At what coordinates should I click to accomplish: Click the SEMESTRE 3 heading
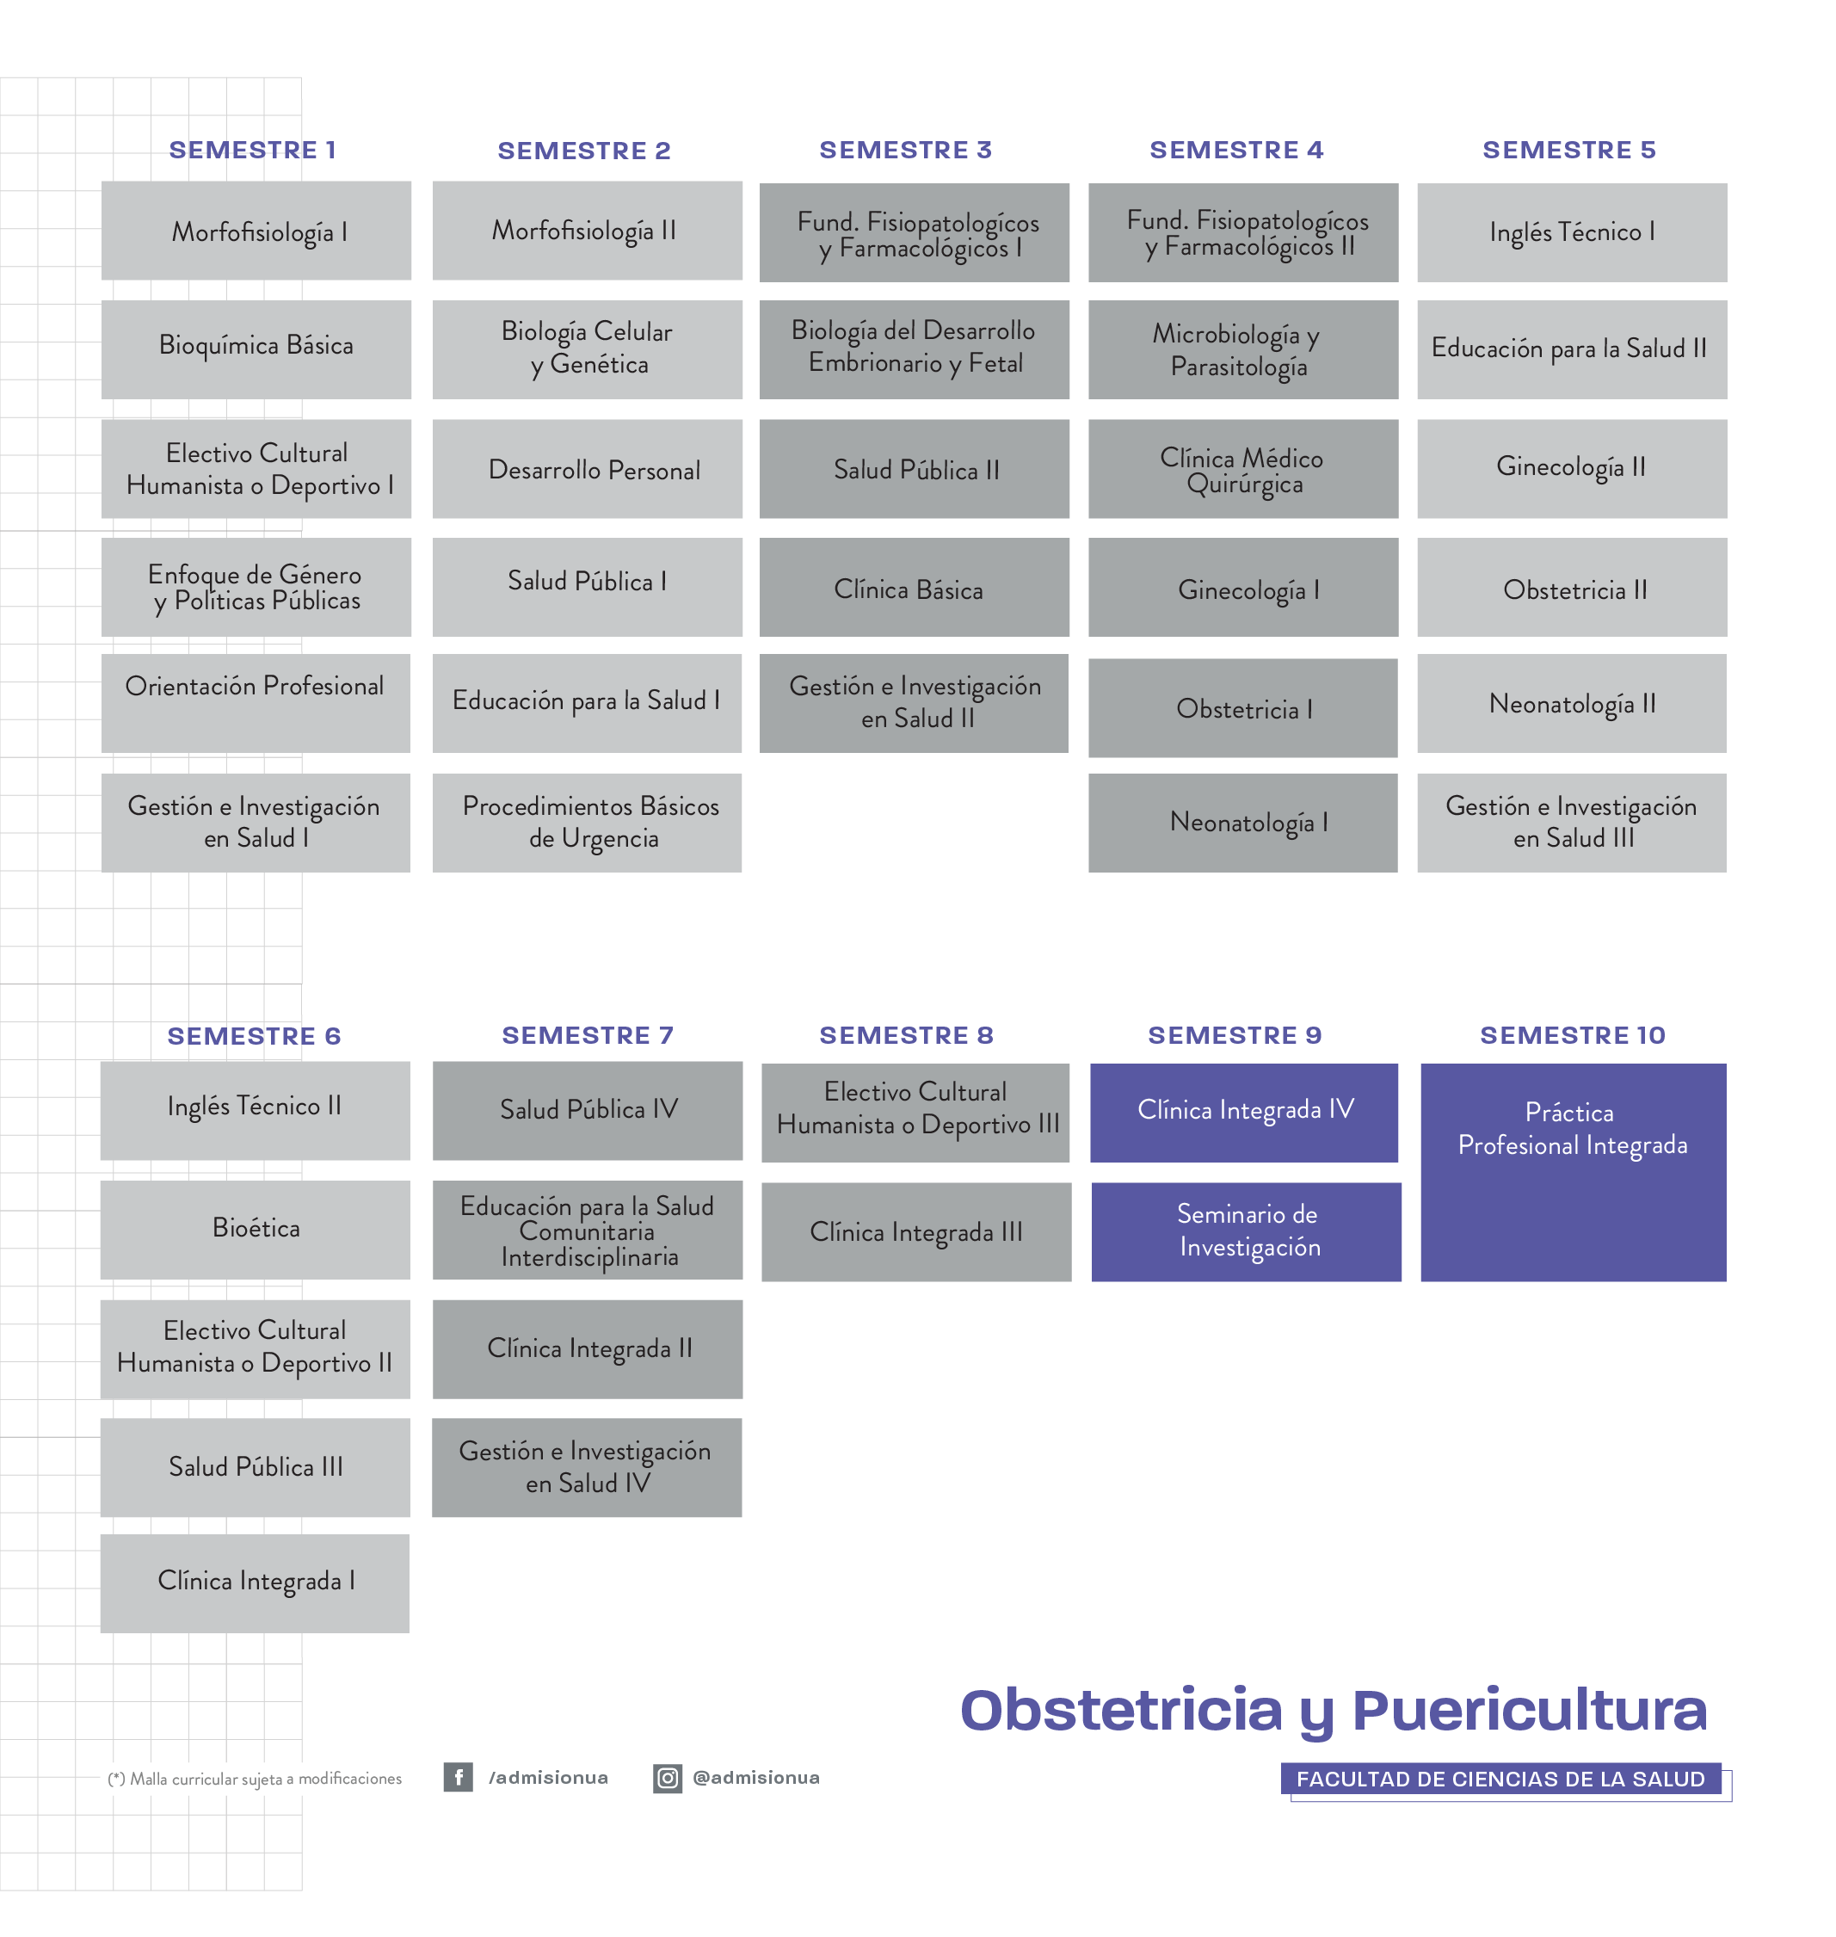(x=905, y=150)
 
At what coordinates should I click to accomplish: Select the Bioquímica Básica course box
(x=256, y=349)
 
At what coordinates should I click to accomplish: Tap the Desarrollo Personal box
(x=588, y=469)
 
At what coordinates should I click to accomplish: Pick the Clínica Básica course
(x=914, y=587)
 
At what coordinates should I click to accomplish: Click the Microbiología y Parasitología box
(x=1243, y=349)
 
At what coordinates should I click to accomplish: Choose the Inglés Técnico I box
(x=1572, y=233)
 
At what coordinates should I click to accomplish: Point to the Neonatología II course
(x=1572, y=704)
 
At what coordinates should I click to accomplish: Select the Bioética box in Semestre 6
(x=256, y=1230)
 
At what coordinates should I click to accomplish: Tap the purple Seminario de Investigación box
(x=1246, y=1232)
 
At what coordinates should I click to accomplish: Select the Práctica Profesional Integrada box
(x=1574, y=1173)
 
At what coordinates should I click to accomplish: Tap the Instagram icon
(x=668, y=1779)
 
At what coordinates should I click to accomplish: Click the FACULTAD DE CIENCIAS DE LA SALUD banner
(x=1501, y=1780)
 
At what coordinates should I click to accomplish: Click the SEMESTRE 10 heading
(x=1572, y=1035)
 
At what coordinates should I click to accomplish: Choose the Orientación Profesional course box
(x=256, y=704)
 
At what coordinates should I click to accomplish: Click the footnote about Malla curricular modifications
(x=255, y=1779)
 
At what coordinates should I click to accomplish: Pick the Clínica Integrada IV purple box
(x=1244, y=1113)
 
